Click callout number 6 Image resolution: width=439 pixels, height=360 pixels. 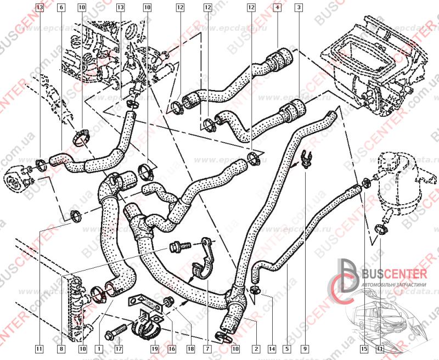[60, 8]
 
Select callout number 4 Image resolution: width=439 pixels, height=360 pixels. [277, 8]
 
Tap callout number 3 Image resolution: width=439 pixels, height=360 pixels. [298, 8]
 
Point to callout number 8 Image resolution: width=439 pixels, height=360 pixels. [60, 348]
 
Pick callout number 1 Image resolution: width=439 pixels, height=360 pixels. [99, 348]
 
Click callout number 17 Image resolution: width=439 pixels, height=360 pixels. [119, 348]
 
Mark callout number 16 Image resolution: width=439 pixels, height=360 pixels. [173, 348]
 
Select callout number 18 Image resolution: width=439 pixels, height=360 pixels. [190, 348]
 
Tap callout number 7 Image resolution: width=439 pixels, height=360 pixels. [208, 348]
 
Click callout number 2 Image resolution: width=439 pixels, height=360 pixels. [256, 348]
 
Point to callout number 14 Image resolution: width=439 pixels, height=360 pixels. [271, 348]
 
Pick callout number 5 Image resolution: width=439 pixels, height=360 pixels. [286, 348]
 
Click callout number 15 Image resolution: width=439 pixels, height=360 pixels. [363, 348]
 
